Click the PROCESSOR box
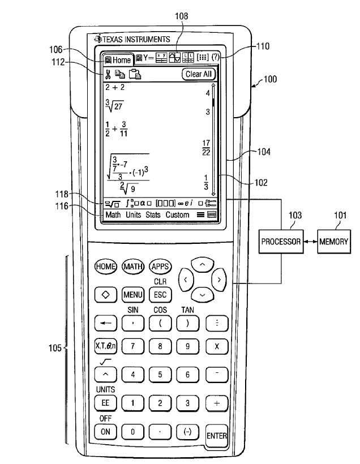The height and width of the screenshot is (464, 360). point(281,241)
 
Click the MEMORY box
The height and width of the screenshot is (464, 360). point(334,241)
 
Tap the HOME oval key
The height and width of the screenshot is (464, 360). point(106,266)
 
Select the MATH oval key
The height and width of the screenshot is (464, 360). point(132,266)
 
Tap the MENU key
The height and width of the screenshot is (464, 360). point(132,294)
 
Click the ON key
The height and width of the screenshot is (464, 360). point(105,431)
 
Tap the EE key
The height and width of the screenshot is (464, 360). point(105,403)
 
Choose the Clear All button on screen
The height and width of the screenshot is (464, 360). point(199,74)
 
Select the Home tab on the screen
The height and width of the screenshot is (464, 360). point(118,59)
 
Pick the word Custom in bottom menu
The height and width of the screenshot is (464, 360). point(178,215)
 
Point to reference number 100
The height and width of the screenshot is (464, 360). point(270,79)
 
